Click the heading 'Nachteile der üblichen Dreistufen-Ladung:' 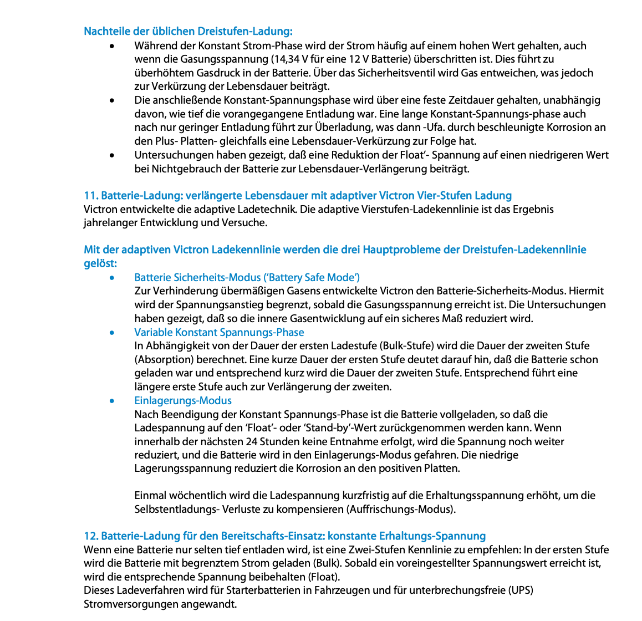(x=188, y=32)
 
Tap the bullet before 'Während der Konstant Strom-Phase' (x=113, y=46)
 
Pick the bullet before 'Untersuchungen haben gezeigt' (x=113, y=155)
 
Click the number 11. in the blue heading (x=91, y=196)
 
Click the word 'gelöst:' (x=100, y=263)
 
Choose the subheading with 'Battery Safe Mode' (x=247, y=277)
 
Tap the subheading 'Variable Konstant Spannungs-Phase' (x=219, y=332)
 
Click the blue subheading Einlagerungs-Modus (x=183, y=400)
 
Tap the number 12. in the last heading (x=91, y=536)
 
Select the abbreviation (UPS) (x=521, y=591)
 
